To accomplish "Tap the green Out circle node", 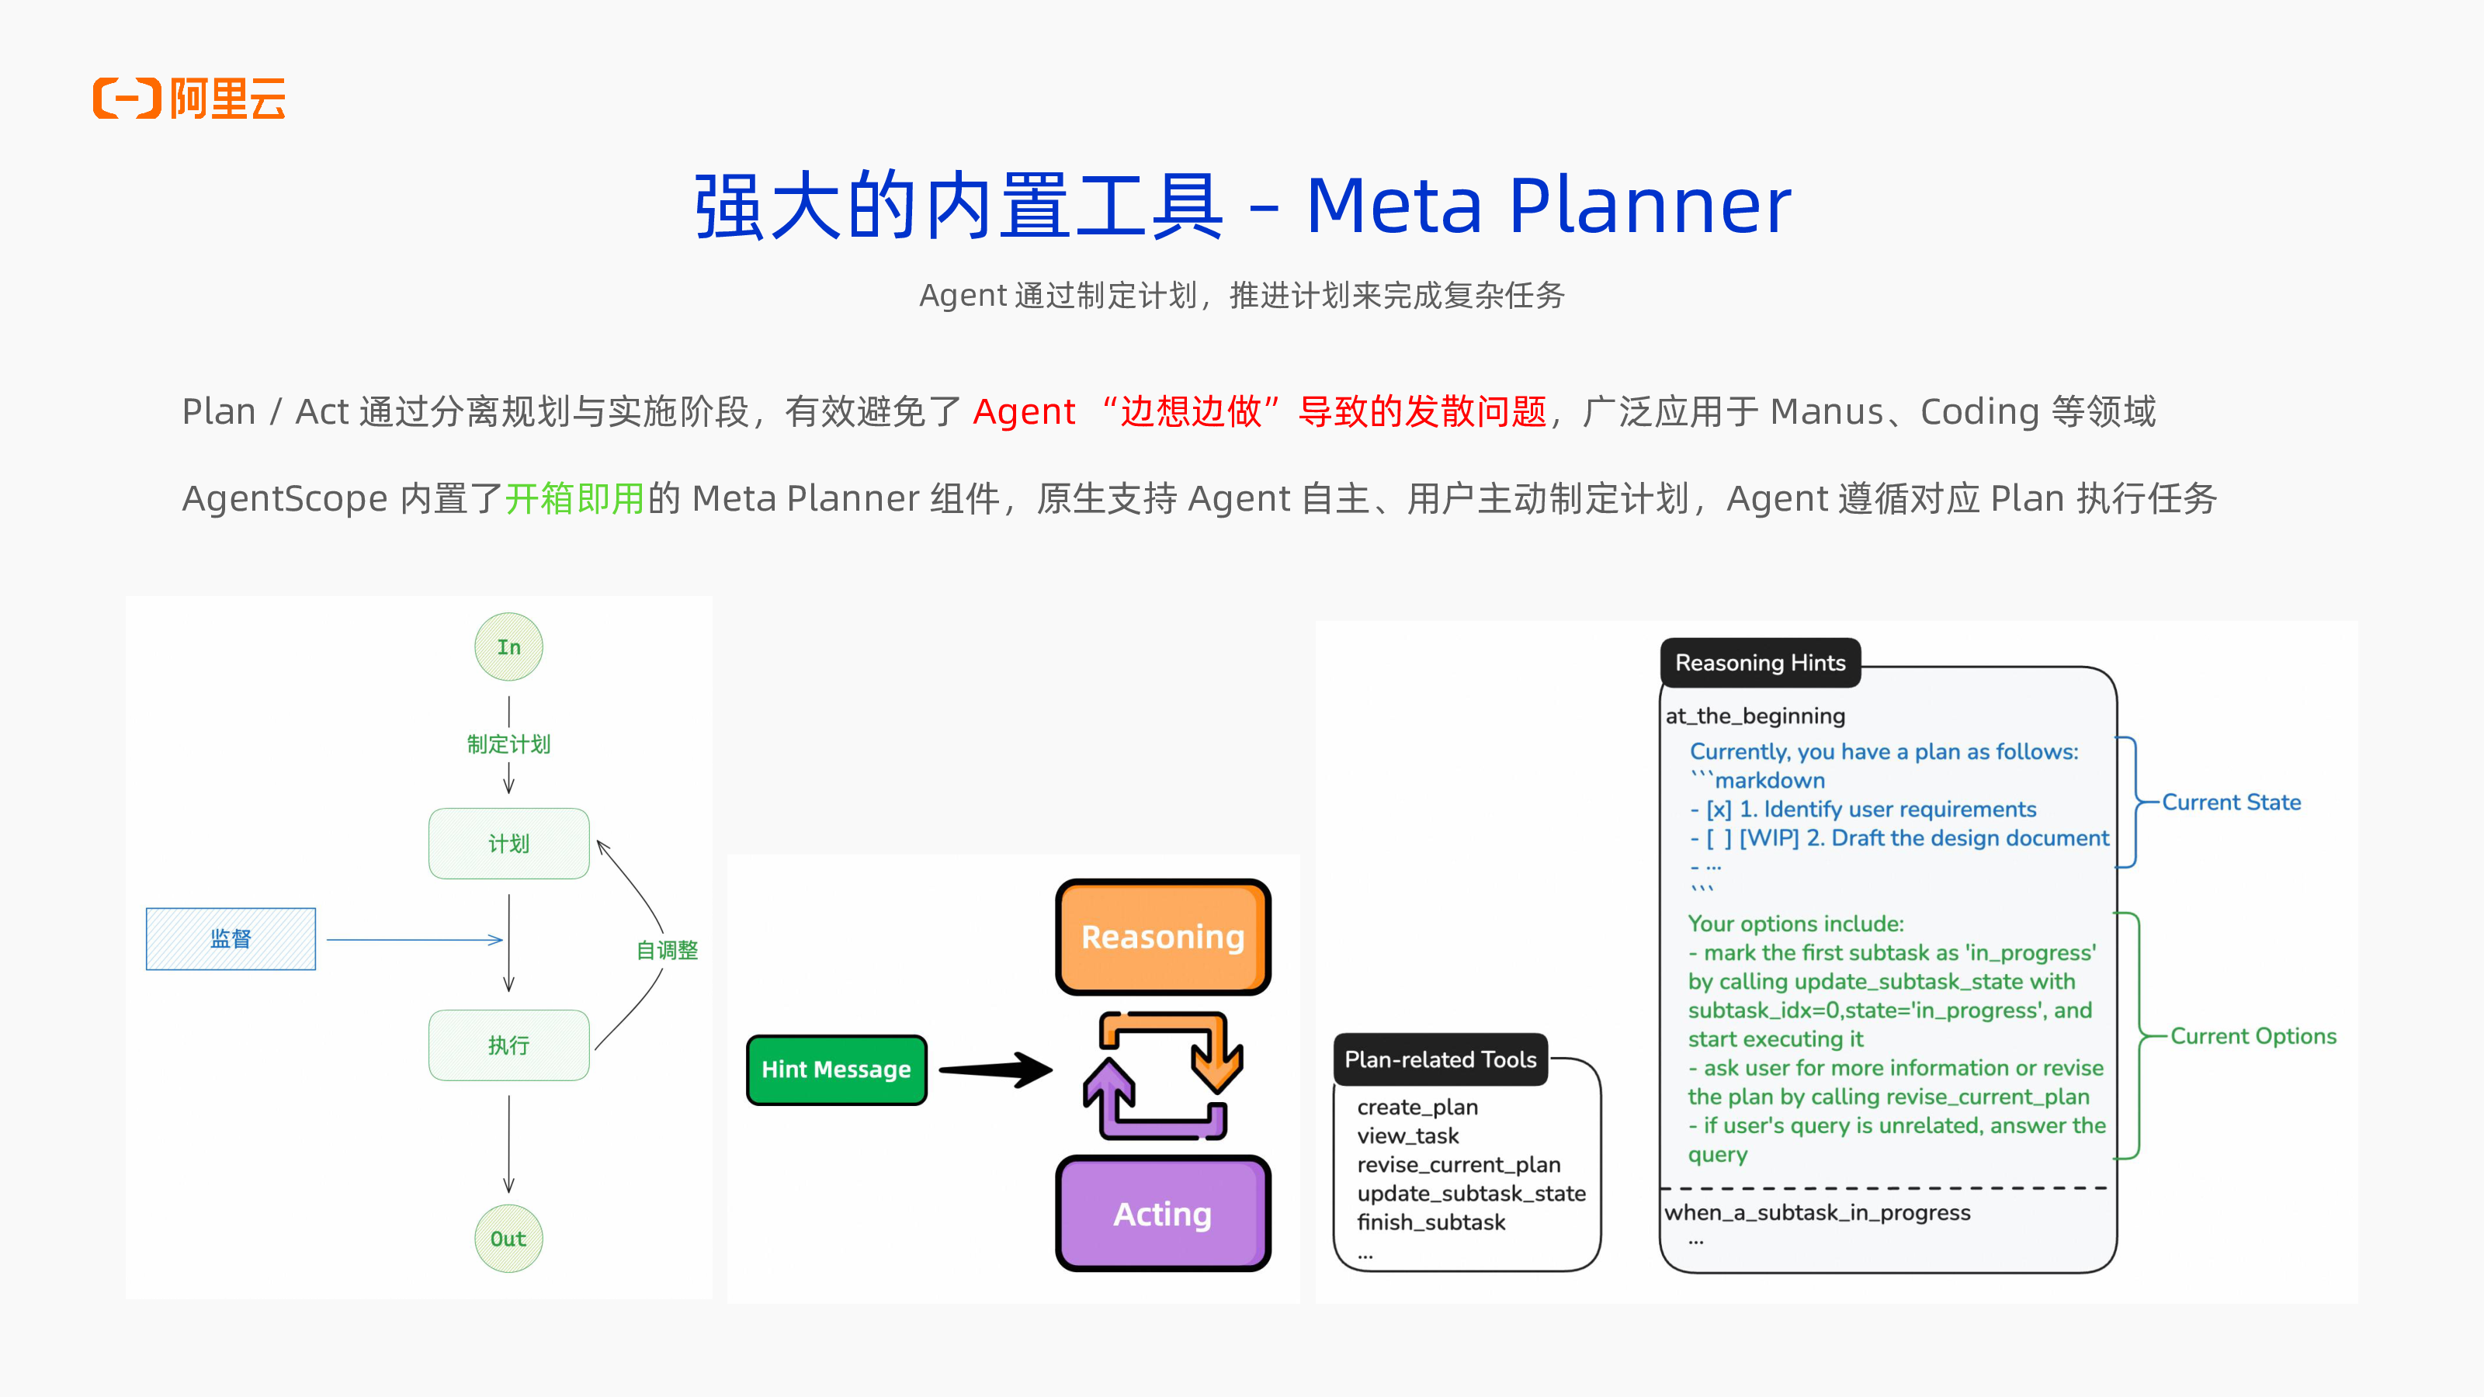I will pos(508,1239).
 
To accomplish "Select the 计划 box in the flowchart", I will pos(508,844).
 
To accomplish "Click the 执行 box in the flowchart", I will pos(508,1045).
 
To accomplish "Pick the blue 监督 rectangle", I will pos(231,939).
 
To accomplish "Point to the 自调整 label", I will pos(666,951).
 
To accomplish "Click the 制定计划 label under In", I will pos(508,744).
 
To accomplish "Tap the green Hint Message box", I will pos(836,1069).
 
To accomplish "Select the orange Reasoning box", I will pos(1163,937).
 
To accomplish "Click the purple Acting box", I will pos(1163,1214).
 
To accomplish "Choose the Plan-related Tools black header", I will pos(1440,1059).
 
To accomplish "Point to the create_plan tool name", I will pos(1417,1107).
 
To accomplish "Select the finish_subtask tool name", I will pos(1431,1222).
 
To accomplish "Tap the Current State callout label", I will pos(2230,802).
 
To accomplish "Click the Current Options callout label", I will pos(2253,1036).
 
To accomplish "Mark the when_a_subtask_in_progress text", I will pos(1816,1213).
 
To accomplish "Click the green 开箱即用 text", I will pos(574,498).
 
